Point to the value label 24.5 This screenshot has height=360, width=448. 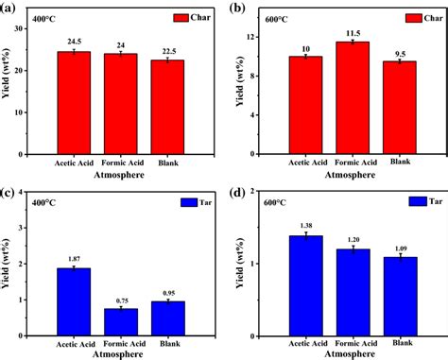(x=74, y=43)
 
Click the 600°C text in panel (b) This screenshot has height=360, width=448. (x=270, y=18)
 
